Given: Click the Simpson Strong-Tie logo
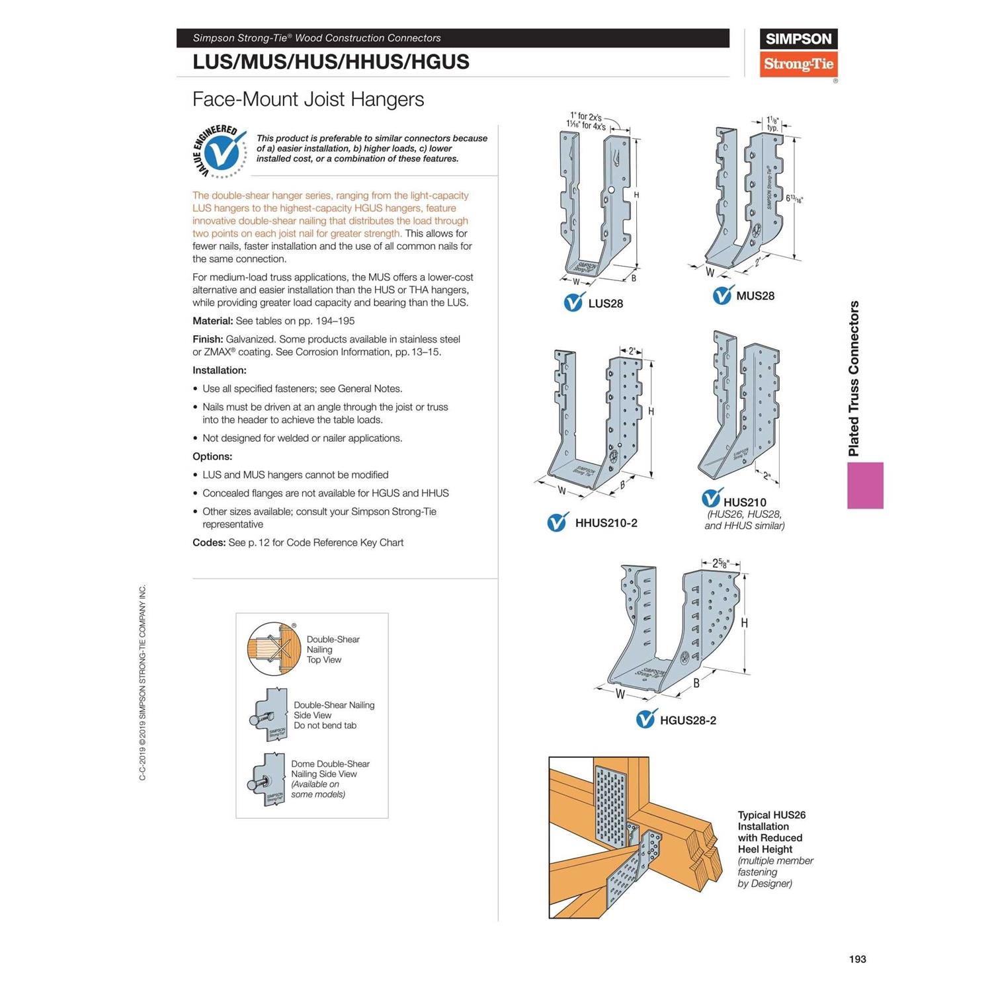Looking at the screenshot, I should (x=798, y=53).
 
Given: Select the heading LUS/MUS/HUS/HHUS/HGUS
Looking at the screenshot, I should (x=331, y=62).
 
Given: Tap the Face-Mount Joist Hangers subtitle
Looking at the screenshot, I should (x=308, y=99).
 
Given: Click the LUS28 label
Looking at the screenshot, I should (x=605, y=304).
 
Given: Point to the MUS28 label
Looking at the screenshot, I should (x=755, y=296).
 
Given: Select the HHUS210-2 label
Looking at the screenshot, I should (x=606, y=523).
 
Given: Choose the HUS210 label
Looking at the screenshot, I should (x=745, y=502).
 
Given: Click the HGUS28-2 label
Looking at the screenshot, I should (x=688, y=720).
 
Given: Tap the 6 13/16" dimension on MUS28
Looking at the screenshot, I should (x=794, y=198).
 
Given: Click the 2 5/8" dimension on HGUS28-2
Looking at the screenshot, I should (x=720, y=563).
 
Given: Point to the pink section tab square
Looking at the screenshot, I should (x=865, y=485).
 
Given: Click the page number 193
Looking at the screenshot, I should (x=857, y=959).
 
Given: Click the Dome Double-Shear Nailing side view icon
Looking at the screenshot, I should (x=268, y=780).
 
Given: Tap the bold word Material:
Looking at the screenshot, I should (x=212, y=321).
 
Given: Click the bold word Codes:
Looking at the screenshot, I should (x=209, y=542).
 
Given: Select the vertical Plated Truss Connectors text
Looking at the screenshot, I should (x=854, y=378).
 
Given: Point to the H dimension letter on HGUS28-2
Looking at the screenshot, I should (x=745, y=623).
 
